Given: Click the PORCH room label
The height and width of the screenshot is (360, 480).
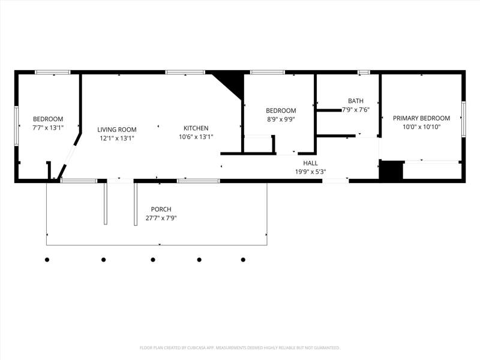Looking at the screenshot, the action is coord(161,209).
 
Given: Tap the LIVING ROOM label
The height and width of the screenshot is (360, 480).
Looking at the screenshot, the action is coord(117,130).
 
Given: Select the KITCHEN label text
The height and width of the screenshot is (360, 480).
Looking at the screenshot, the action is coord(196,128).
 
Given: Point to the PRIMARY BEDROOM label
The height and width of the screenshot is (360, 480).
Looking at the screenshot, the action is coord(422,118).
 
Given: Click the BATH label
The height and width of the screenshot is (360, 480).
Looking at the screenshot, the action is coord(356,101).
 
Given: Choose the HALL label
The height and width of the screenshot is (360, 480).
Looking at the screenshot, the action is coord(310,163).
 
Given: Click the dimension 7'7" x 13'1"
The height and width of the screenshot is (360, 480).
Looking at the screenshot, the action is coord(48,128).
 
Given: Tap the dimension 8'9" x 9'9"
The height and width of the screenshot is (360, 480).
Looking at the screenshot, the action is coord(281,119).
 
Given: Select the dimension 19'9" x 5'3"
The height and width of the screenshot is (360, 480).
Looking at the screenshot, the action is coord(310,172).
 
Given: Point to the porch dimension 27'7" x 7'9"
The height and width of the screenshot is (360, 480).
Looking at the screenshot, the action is coord(161,218).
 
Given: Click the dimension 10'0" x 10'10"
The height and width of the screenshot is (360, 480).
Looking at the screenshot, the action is coord(422,127).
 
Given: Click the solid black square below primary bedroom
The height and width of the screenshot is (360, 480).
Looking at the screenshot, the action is coord(391,170).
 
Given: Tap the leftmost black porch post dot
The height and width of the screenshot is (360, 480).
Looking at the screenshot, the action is coord(47,260).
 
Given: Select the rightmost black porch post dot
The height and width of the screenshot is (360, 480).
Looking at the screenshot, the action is coord(243,260).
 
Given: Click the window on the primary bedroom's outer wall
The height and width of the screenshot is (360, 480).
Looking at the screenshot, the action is coord(463,119).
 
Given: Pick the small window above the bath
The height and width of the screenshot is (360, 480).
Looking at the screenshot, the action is coord(364,72).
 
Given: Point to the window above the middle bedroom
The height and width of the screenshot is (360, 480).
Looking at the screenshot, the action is coord(268,72).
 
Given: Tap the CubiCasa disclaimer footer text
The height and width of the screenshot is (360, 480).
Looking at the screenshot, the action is coord(239,348).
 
